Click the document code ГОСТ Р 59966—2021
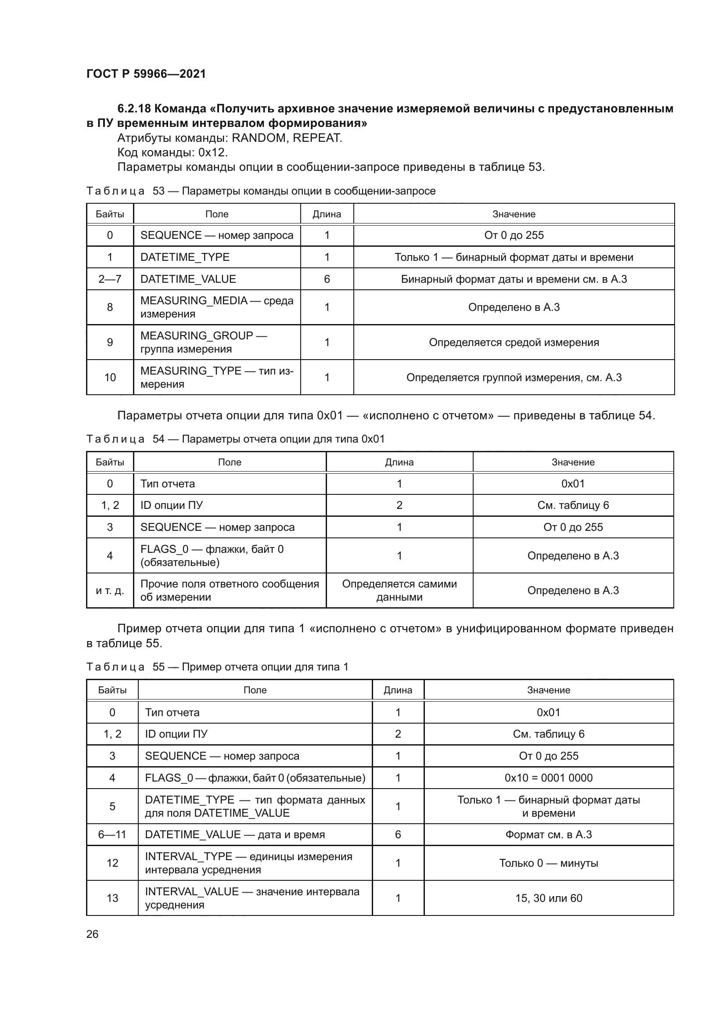click(x=146, y=74)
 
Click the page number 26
click(x=92, y=934)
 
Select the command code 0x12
click(x=213, y=152)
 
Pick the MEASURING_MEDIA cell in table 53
click(x=216, y=307)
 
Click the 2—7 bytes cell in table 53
click(x=110, y=279)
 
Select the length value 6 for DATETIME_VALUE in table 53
click(x=327, y=279)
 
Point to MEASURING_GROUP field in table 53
click(x=216, y=342)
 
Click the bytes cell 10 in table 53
click(x=110, y=378)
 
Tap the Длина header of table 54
click(x=399, y=462)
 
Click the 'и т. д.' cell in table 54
click(x=110, y=591)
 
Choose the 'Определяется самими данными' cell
click(x=399, y=591)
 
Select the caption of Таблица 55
click(x=217, y=667)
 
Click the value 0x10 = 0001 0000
click(x=548, y=778)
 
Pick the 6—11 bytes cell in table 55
click(x=112, y=835)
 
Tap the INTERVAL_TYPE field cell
click(x=255, y=863)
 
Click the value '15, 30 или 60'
click(x=548, y=898)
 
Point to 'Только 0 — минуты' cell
click(x=548, y=863)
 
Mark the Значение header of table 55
click(x=548, y=690)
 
